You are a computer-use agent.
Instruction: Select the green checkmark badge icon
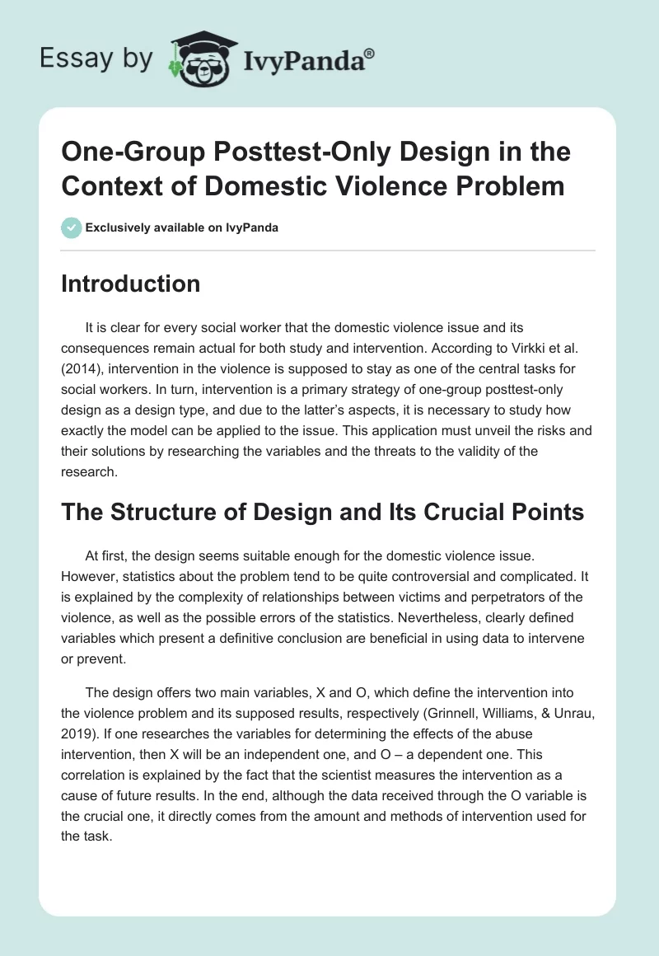click(x=72, y=227)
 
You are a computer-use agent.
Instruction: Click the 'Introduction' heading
click(x=131, y=284)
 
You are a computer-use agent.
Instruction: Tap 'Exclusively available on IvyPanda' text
click(x=183, y=227)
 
